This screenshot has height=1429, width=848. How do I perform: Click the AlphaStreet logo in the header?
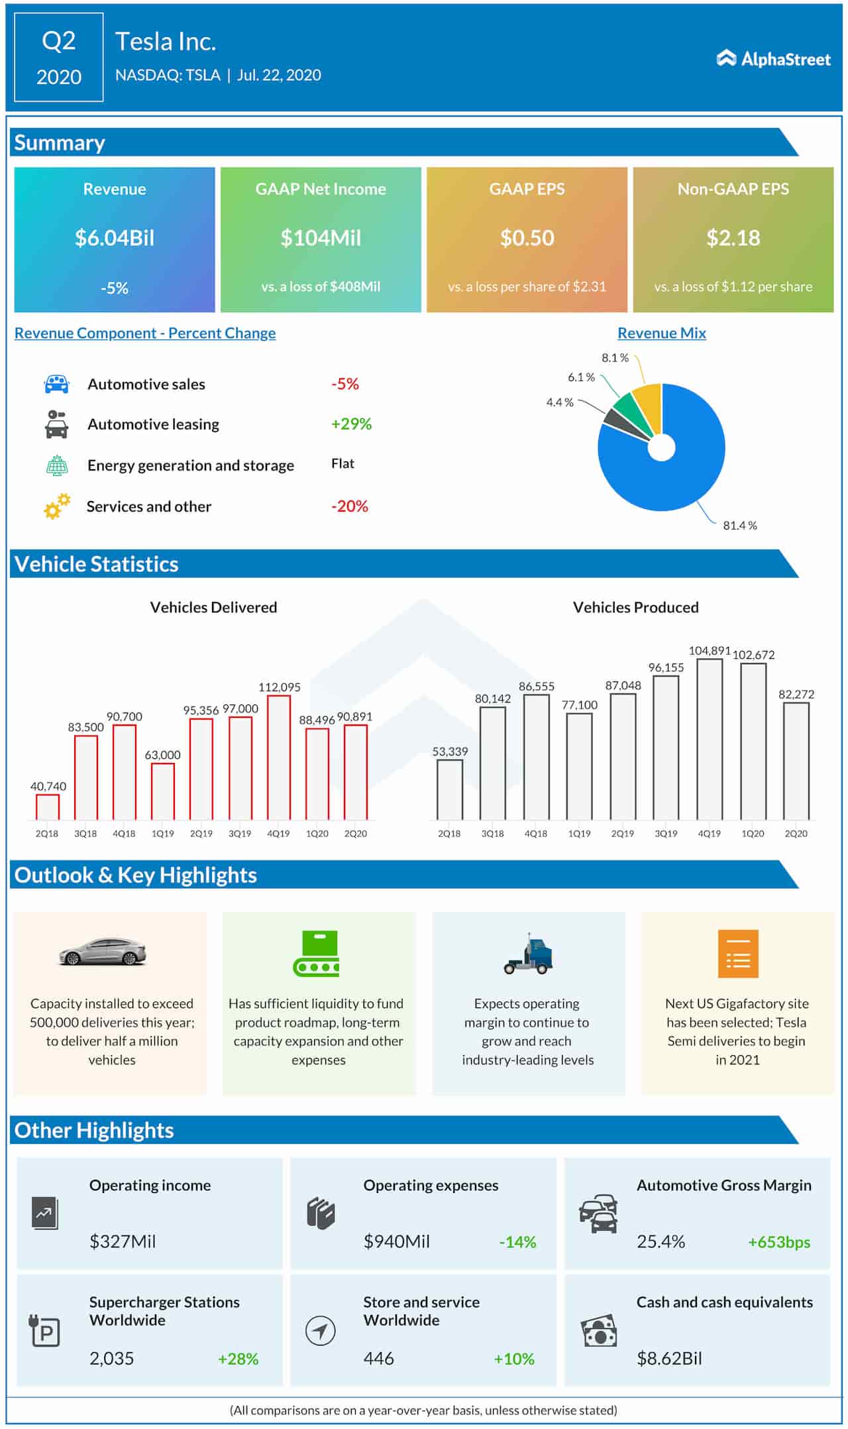coord(773,59)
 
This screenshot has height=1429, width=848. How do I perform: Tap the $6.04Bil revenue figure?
coord(115,238)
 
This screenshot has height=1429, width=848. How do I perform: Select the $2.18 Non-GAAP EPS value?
coord(733,238)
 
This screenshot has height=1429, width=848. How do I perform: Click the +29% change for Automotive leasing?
coord(351,424)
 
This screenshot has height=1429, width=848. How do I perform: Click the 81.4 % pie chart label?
coord(739,526)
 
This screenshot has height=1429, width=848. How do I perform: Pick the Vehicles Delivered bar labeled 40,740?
coord(48,807)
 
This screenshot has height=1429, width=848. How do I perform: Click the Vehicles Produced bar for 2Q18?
coord(450,789)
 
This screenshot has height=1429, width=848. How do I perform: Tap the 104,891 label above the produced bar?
coord(709,651)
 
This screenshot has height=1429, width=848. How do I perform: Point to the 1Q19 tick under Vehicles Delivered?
coord(162,834)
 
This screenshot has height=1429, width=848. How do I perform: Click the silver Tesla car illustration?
coord(103,952)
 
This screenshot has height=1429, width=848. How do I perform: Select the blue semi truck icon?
coord(528,955)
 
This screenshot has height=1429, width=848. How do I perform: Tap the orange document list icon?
coord(737,954)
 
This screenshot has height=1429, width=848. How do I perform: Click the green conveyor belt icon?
coord(317,954)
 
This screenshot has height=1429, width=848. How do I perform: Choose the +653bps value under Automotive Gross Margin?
coord(778,1243)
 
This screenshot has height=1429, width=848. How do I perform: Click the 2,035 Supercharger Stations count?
coord(111,1359)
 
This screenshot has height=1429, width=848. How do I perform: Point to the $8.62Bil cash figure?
coord(668,1359)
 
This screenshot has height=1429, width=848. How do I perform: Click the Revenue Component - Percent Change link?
coord(145,333)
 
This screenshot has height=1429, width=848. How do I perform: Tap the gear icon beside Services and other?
coord(57,506)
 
